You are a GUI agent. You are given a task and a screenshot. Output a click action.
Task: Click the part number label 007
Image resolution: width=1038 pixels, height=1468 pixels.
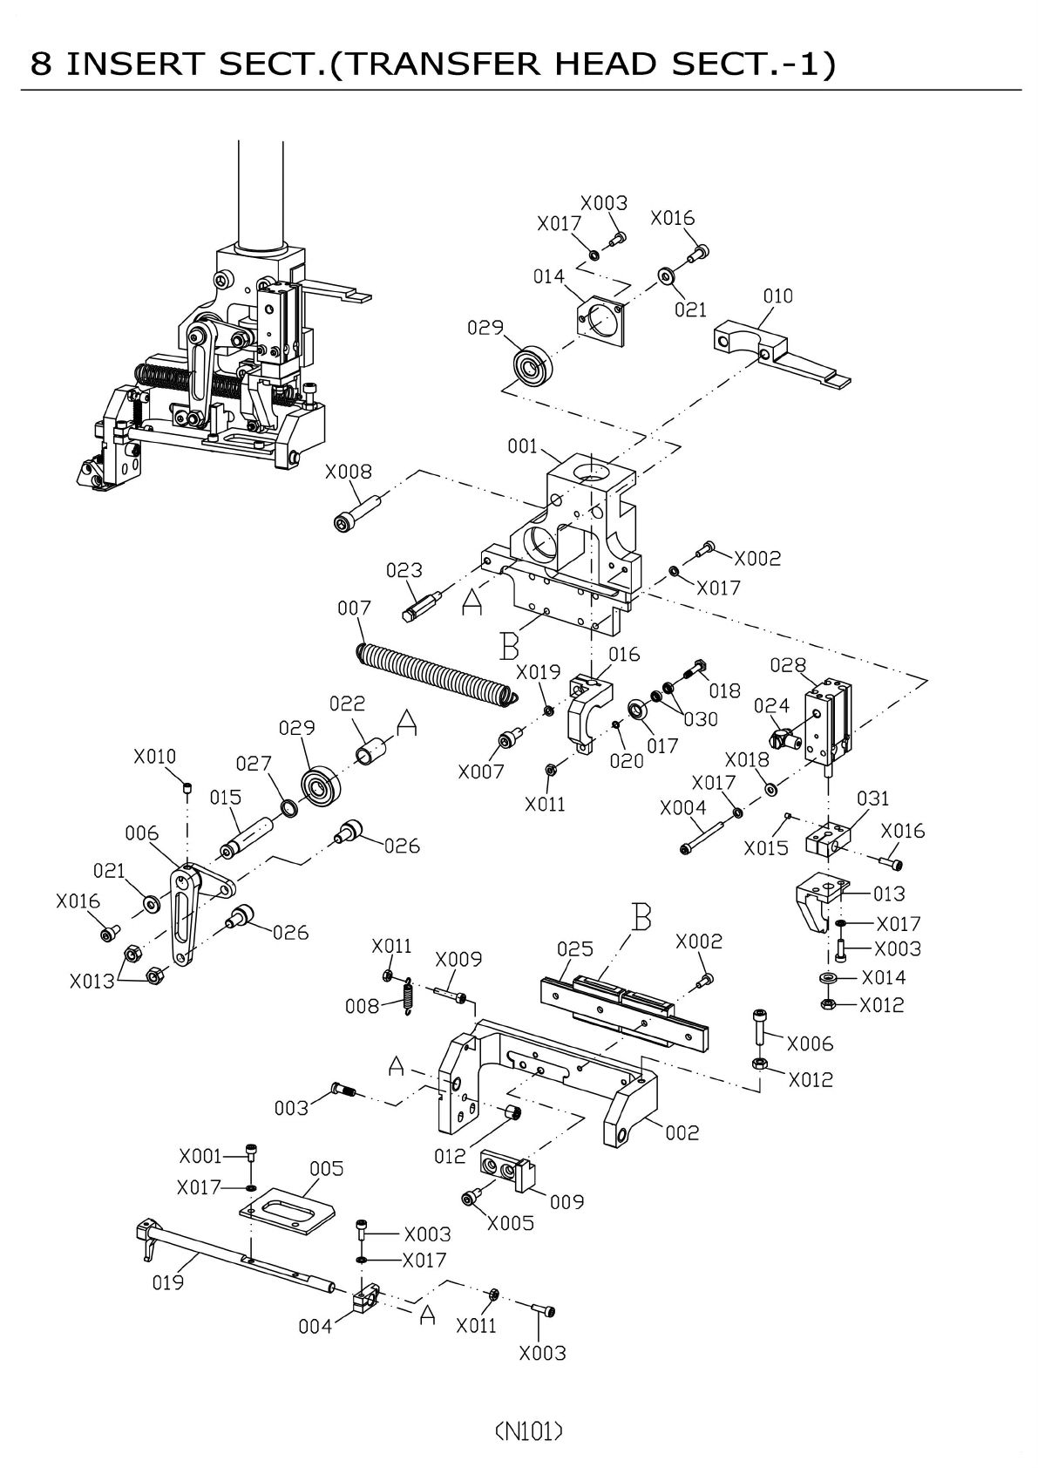[x=354, y=608]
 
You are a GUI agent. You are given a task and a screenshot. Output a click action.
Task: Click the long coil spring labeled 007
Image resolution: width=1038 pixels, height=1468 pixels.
[x=435, y=676]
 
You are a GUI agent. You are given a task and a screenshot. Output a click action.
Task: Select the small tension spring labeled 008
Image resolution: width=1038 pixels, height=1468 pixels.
[x=407, y=996]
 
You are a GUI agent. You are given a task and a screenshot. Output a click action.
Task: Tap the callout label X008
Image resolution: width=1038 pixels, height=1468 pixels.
[x=348, y=472]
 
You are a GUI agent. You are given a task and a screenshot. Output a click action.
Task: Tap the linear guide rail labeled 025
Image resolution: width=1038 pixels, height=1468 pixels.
[x=626, y=1010]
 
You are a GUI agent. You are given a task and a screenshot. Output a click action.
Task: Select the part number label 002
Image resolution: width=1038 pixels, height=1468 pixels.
[x=682, y=1132]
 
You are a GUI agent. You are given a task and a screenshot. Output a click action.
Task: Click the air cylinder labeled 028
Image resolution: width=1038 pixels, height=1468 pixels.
[x=828, y=724]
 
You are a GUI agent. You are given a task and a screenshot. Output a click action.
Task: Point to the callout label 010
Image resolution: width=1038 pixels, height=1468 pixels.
[x=777, y=296]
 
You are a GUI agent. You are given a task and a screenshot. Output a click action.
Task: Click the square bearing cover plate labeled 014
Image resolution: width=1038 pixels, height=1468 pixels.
[x=601, y=322]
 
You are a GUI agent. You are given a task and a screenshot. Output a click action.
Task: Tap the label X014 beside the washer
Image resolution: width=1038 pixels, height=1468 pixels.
[x=884, y=978]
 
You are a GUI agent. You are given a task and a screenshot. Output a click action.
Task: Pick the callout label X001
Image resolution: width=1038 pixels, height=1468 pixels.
[x=200, y=1157]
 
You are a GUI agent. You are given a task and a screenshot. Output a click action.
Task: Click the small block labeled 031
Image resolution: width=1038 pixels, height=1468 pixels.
[x=828, y=839]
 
